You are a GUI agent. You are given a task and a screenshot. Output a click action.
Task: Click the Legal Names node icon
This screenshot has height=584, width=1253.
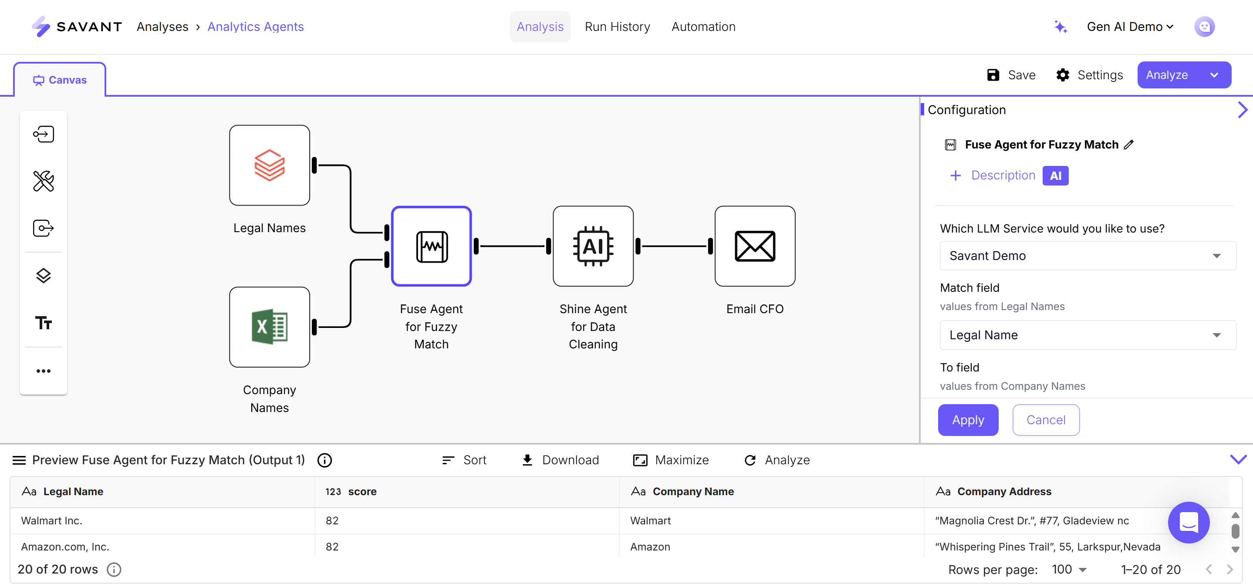[270, 165]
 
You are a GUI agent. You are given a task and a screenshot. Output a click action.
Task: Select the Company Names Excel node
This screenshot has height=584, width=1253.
[270, 327]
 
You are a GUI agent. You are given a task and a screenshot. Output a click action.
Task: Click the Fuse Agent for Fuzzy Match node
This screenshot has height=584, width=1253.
[432, 246]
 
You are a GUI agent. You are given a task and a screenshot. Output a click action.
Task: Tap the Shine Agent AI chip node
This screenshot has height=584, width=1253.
[593, 246]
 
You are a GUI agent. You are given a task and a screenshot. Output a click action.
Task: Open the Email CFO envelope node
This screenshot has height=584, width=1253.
[755, 246]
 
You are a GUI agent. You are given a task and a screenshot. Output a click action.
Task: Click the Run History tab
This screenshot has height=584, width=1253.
[617, 27]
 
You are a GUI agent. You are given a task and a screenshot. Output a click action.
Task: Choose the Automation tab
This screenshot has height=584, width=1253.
[703, 27]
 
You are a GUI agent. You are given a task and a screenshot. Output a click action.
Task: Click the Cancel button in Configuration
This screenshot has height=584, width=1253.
[1046, 420]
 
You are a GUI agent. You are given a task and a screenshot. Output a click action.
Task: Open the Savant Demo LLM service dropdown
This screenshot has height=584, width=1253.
[1088, 256]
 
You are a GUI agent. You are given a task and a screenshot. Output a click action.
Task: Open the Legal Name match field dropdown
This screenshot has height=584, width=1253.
[1088, 335]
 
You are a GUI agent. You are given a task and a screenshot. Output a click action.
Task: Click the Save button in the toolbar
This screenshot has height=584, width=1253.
[1011, 75]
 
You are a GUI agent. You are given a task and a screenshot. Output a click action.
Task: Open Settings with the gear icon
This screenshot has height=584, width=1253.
[1089, 75]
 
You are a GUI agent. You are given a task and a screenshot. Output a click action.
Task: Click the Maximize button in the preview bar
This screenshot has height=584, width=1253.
[671, 460]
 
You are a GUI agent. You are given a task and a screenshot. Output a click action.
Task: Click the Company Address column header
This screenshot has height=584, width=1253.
[1004, 492]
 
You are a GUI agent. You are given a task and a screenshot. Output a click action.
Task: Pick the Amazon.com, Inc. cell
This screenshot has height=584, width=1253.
[65, 547]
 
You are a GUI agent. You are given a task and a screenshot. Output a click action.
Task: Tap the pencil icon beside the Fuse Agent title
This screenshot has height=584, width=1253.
[1129, 145]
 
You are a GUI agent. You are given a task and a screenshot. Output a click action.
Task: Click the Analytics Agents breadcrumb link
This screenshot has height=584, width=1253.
[255, 27]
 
